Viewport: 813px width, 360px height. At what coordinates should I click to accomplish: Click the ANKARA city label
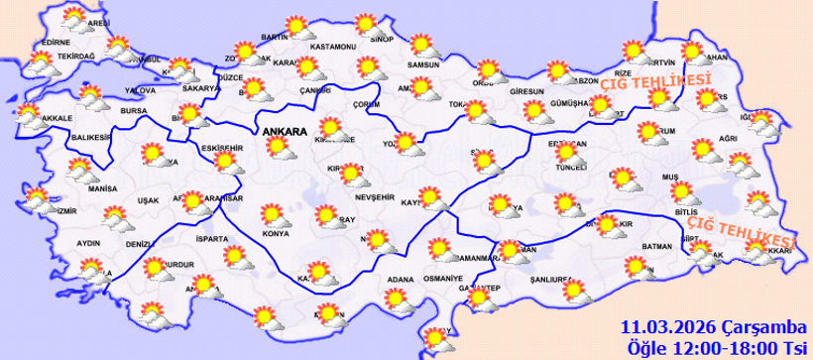point(286,130)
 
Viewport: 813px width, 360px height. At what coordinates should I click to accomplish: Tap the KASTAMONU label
point(331,47)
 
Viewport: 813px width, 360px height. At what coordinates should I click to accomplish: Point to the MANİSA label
point(102,188)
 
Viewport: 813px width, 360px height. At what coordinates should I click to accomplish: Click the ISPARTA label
point(212,239)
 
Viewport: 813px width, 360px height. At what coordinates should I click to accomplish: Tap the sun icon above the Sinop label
point(366,22)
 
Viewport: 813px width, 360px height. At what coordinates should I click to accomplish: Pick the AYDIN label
point(88,242)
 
